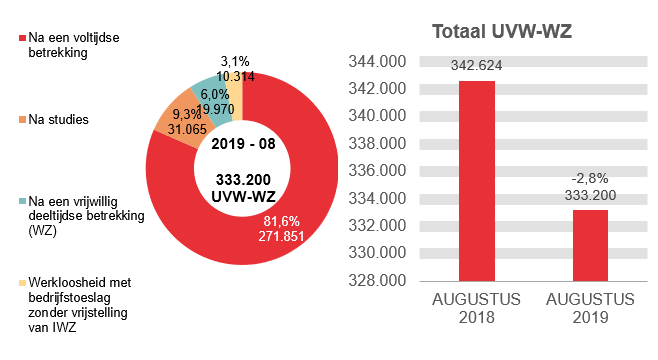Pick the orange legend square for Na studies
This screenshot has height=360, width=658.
pos(21,120)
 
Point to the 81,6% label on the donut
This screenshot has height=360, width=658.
pos(281,220)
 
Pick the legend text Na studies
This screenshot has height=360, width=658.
pos(59,120)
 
